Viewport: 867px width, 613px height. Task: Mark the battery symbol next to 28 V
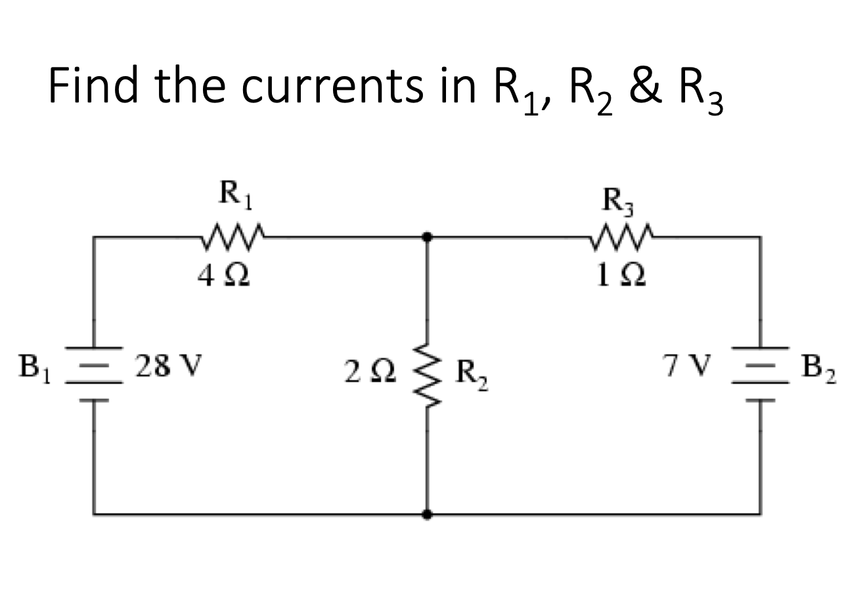coord(93,374)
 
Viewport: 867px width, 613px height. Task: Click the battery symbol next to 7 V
coord(761,374)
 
